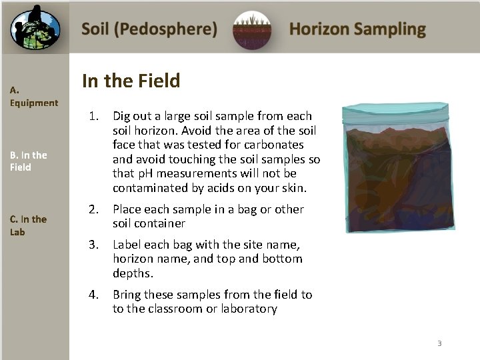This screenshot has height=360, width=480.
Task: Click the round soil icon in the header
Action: (x=251, y=30)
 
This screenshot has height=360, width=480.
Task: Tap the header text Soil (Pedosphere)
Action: (x=149, y=29)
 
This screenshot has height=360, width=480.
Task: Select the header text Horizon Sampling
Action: (x=357, y=29)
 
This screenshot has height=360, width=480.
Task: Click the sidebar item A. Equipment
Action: (x=33, y=96)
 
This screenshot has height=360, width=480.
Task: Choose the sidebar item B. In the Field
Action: (x=28, y=161)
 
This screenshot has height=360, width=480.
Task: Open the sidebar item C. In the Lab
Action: (x=28, y=225)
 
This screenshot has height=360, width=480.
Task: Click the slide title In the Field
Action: (x=131, y=81)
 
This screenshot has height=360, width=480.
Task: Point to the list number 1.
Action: (x=94, y=116)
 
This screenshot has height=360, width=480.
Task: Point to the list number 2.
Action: (x=94, y=209)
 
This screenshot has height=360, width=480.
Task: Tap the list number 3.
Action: (x=94, y=245)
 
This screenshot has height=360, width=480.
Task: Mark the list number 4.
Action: (x=94, y=295)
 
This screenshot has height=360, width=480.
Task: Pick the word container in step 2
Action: (x=162, y=223)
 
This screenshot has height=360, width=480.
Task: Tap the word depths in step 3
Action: (x=133, y=273)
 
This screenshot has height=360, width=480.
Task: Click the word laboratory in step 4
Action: (x=251, y=309)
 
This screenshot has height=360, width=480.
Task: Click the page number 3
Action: (x=439, y=343)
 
